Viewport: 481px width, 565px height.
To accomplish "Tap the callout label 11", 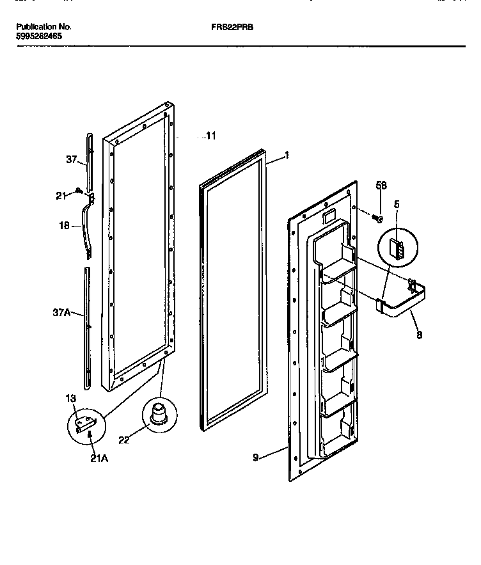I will [210, 136].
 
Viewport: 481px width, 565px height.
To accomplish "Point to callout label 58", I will [381, 186].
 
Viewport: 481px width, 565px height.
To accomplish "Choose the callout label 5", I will [397, 205].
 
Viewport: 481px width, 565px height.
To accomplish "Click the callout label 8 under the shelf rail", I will [419, 334].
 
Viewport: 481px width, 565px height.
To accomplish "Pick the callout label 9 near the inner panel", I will [255, 458].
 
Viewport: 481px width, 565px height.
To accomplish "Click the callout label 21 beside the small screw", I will [61, 196].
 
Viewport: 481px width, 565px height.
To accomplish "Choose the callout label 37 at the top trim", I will [72, 161].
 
